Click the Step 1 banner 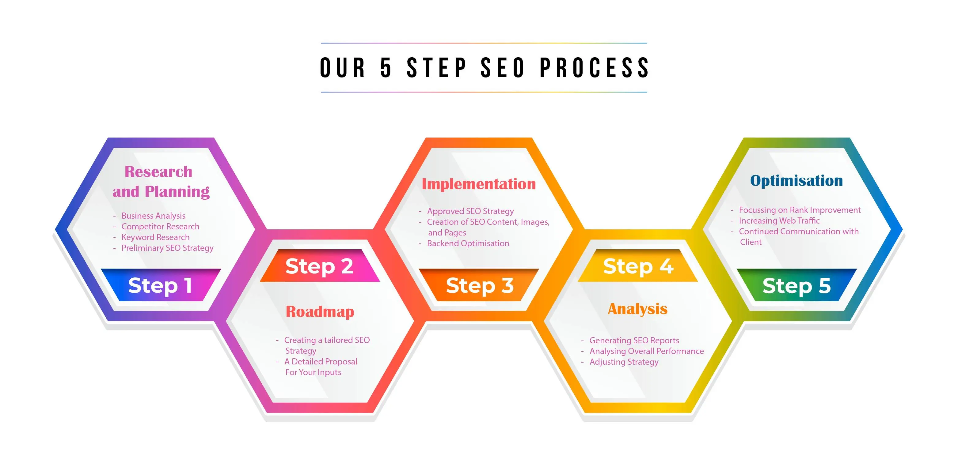coord(161,285)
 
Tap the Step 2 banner coord(320,266)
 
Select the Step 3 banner coord(479,285)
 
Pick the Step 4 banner coord(638,266)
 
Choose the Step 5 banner coord(796,285)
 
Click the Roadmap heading coord(320,311)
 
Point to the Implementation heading coord(479,184)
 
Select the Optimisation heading coord(796,180)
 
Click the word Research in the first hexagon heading coord(158,171)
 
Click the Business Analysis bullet coord(153,216)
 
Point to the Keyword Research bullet coord(155,237)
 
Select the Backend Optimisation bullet coord(468,243)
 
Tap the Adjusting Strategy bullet coord(624,362)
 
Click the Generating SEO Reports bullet coord(634,341)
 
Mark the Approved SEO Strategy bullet coord(470,211)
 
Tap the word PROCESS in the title coord(594,68)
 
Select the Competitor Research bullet coord(160,226)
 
